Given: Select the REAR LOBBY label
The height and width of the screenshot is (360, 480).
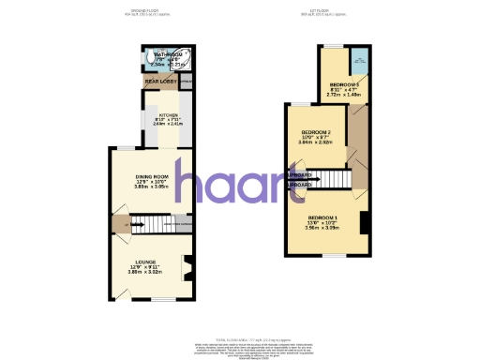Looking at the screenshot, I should coord(161,82).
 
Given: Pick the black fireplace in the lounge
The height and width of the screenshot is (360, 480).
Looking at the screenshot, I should coord(187,269).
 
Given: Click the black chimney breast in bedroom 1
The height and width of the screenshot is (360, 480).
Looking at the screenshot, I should coord(365,223).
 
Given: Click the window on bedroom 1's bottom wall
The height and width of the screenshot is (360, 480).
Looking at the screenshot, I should coord(327,256).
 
